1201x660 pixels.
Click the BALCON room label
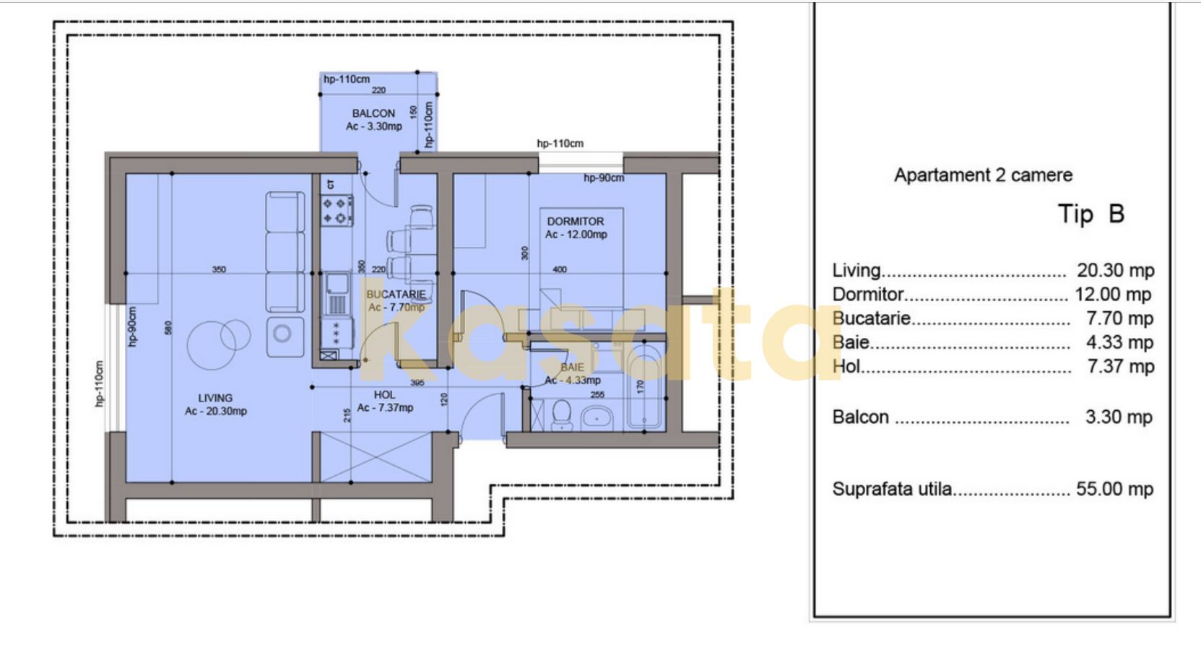[373, 113]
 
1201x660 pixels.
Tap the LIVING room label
[215, 398]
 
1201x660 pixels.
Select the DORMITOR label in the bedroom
[575, 222]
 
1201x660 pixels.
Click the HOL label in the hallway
[384, 395]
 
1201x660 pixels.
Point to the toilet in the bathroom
[561, 415]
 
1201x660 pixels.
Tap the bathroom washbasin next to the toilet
[597, 417]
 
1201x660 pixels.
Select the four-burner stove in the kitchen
[337, 209]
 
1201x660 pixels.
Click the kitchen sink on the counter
[337, 292]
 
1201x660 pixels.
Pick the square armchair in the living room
[285, 336]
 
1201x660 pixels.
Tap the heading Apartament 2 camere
[983, 175]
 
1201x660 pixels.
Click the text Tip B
[1091, 214]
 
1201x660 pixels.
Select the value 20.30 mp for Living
[1115, 271]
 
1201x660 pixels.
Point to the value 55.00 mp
[1114, 489]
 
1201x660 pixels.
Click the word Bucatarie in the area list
[871, 318]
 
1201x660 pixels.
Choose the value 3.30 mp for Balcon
[1118, 417]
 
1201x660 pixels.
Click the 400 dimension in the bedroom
[560, 269]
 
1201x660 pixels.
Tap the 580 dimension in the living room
[168, 327]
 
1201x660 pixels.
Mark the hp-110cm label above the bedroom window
[560, 144]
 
